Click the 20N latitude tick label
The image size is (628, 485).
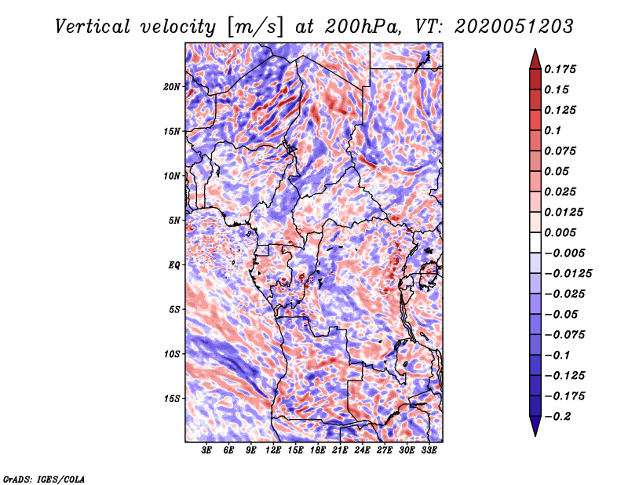tap(172, 86)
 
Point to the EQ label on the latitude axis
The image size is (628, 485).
tap(173, 264)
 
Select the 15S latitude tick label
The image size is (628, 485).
tap(172, 398)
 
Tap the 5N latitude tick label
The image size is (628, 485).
tap(174, 220)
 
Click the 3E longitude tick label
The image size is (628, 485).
tap(207, 450)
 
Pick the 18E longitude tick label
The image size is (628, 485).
tap(318, 450)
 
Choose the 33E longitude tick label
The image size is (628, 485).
tap(429, 450)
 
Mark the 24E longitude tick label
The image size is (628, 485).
tap(362, 450)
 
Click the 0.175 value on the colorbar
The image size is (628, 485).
tap(563, 69)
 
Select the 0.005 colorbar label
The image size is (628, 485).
tap(563, 232)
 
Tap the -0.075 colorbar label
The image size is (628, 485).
tap(565, 334)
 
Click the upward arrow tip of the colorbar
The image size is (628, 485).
tap(534, 51)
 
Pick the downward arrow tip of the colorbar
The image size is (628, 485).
tap(534, 434)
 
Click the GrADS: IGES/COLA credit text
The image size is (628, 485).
tap(44, 478)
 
